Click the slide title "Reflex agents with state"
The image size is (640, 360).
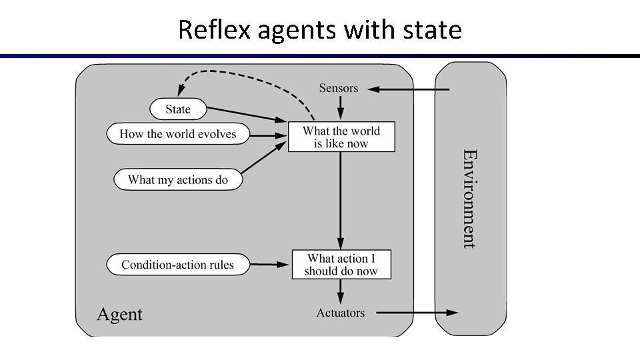click(320, 30)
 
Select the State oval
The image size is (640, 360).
click(178, 109)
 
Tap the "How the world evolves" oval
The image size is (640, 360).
click(177, 134)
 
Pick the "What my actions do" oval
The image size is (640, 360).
click(177, 179)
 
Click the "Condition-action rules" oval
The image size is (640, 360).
click(177, 265)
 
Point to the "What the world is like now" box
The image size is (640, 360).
click(341, 137)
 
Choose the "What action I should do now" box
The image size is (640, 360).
click(341, 265)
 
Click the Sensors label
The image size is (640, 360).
click(338, 88)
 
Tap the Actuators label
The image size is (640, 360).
click(341, 313)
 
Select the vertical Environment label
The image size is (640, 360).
click(469, 199)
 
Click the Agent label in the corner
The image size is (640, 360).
click(120, 314)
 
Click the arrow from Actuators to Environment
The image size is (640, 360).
click(417, 313)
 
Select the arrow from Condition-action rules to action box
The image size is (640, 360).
click(271, 265)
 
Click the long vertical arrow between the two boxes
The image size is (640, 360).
click(341, 200)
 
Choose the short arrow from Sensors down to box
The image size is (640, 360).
click(341, 107)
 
